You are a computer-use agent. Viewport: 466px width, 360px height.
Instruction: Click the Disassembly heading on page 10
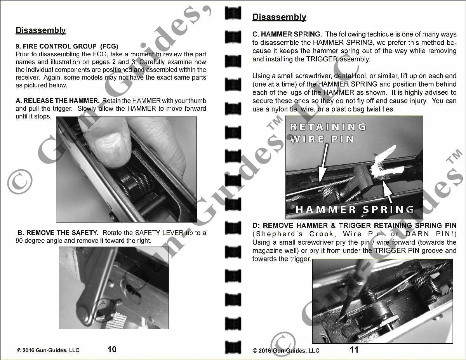[x=40, y=30]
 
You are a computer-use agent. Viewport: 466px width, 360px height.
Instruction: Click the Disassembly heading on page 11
[x=279, y=17]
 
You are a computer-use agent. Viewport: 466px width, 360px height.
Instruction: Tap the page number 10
[x=112, y=349]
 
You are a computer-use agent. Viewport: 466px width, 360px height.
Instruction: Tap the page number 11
[x=354, y=350]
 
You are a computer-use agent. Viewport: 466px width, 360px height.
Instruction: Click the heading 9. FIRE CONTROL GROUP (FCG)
[x=67, y=46]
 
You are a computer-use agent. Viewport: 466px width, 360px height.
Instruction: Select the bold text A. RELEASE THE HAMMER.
[x=57, y=101]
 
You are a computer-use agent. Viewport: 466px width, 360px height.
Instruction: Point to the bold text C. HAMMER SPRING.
[x=287, y=35]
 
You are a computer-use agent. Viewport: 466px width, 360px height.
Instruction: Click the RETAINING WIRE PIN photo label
[x=328, y=132]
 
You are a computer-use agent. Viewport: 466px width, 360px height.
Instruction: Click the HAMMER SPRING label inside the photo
[x=354, y=209]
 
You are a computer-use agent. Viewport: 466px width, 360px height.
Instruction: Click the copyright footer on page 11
[x=286, y=350]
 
